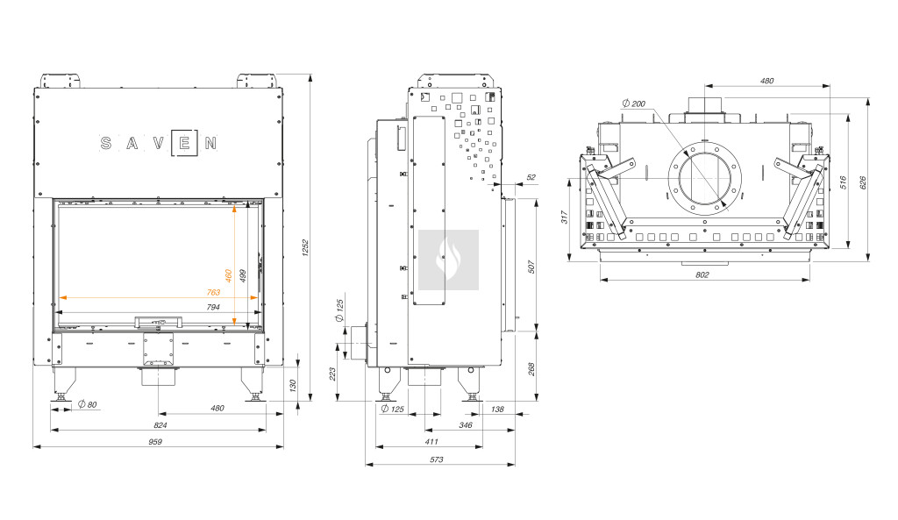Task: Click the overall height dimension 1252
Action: tap(305, 247)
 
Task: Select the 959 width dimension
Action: tap(155, 442)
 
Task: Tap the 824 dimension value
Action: tap(160, 425)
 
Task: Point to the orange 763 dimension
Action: tap(213, 292)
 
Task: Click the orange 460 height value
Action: tap(229, 276)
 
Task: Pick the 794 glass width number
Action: tap(213, 307)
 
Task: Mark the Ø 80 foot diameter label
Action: tap(88, 404)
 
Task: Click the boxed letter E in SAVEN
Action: tap(184, 143)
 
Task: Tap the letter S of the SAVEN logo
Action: tap(106, 143)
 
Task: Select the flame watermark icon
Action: tap(448, 260)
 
